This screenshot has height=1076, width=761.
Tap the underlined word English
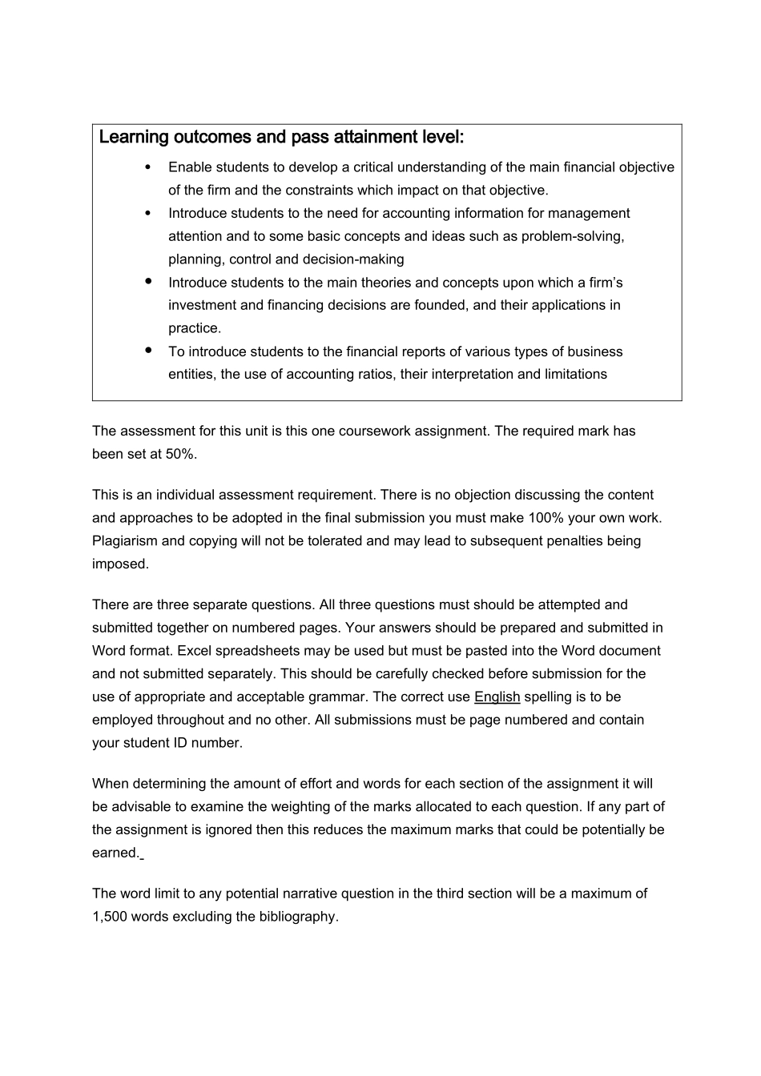click(497, 697)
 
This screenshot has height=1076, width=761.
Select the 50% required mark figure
click(181, 454)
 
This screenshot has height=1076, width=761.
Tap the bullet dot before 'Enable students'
click(148, 167)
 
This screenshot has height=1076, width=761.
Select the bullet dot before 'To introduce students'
click(148, 350)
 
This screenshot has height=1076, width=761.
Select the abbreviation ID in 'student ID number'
click(179, 742)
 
